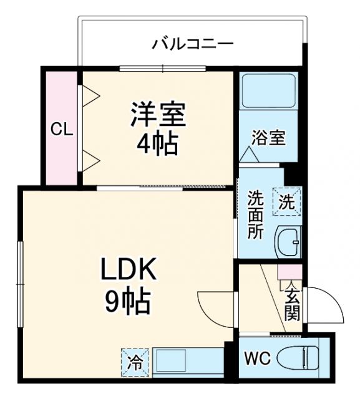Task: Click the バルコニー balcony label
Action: coord(193,44)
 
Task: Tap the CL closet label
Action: coord(62,130)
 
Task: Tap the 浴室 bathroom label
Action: coord(268,138)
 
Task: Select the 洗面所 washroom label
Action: coord(255,215)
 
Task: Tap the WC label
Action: coord(256,360)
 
